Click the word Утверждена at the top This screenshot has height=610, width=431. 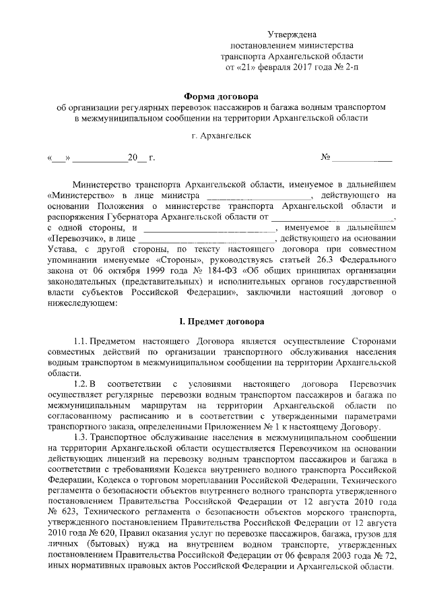pyautogui.click(x=292, y=34)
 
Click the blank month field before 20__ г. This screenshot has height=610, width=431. pyautogui.click(x=100, y=158)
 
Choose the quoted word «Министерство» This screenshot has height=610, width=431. pyautogui.click(x=80, y=194)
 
